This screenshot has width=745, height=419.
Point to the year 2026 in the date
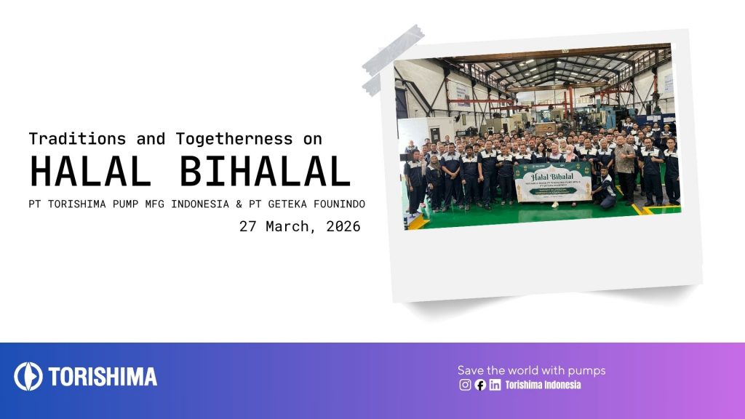(338, 226)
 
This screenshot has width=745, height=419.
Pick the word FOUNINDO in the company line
(337, 203)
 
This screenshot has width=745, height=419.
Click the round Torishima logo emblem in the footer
(28, 376)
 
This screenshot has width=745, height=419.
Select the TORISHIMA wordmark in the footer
(103, 376)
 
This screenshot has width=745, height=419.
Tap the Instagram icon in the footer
(465, 386)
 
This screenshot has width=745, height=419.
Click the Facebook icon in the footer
(480, 386)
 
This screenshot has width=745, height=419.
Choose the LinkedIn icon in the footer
(495, 386)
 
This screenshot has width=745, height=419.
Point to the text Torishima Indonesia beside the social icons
(543, 386)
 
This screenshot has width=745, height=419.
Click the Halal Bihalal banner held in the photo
(553, 183)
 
